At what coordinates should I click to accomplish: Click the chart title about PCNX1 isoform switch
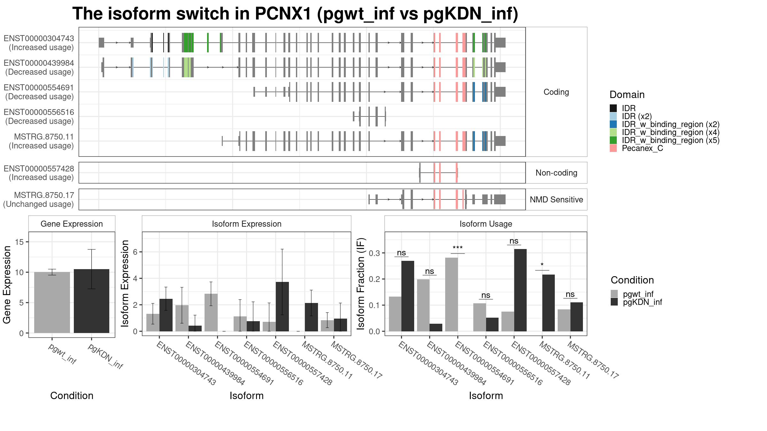295,14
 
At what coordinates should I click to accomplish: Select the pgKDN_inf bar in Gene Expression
91,301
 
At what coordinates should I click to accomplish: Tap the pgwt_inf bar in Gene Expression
52,302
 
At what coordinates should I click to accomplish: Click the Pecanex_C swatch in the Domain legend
613,148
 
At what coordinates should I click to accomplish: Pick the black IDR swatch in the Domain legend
613,108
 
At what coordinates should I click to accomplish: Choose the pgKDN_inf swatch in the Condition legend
614,302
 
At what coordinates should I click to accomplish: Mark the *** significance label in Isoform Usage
458,248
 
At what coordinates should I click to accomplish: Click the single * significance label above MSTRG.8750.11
542,265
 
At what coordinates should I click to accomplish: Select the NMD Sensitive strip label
556,200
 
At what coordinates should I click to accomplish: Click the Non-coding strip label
556,173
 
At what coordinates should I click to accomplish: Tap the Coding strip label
556,92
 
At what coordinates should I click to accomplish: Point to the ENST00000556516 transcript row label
39,117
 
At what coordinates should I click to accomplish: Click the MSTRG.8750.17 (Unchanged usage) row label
39,200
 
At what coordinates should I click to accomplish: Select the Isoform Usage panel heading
486,224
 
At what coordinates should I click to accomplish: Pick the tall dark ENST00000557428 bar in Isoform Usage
520,290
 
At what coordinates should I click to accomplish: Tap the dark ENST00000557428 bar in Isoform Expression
282,306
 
